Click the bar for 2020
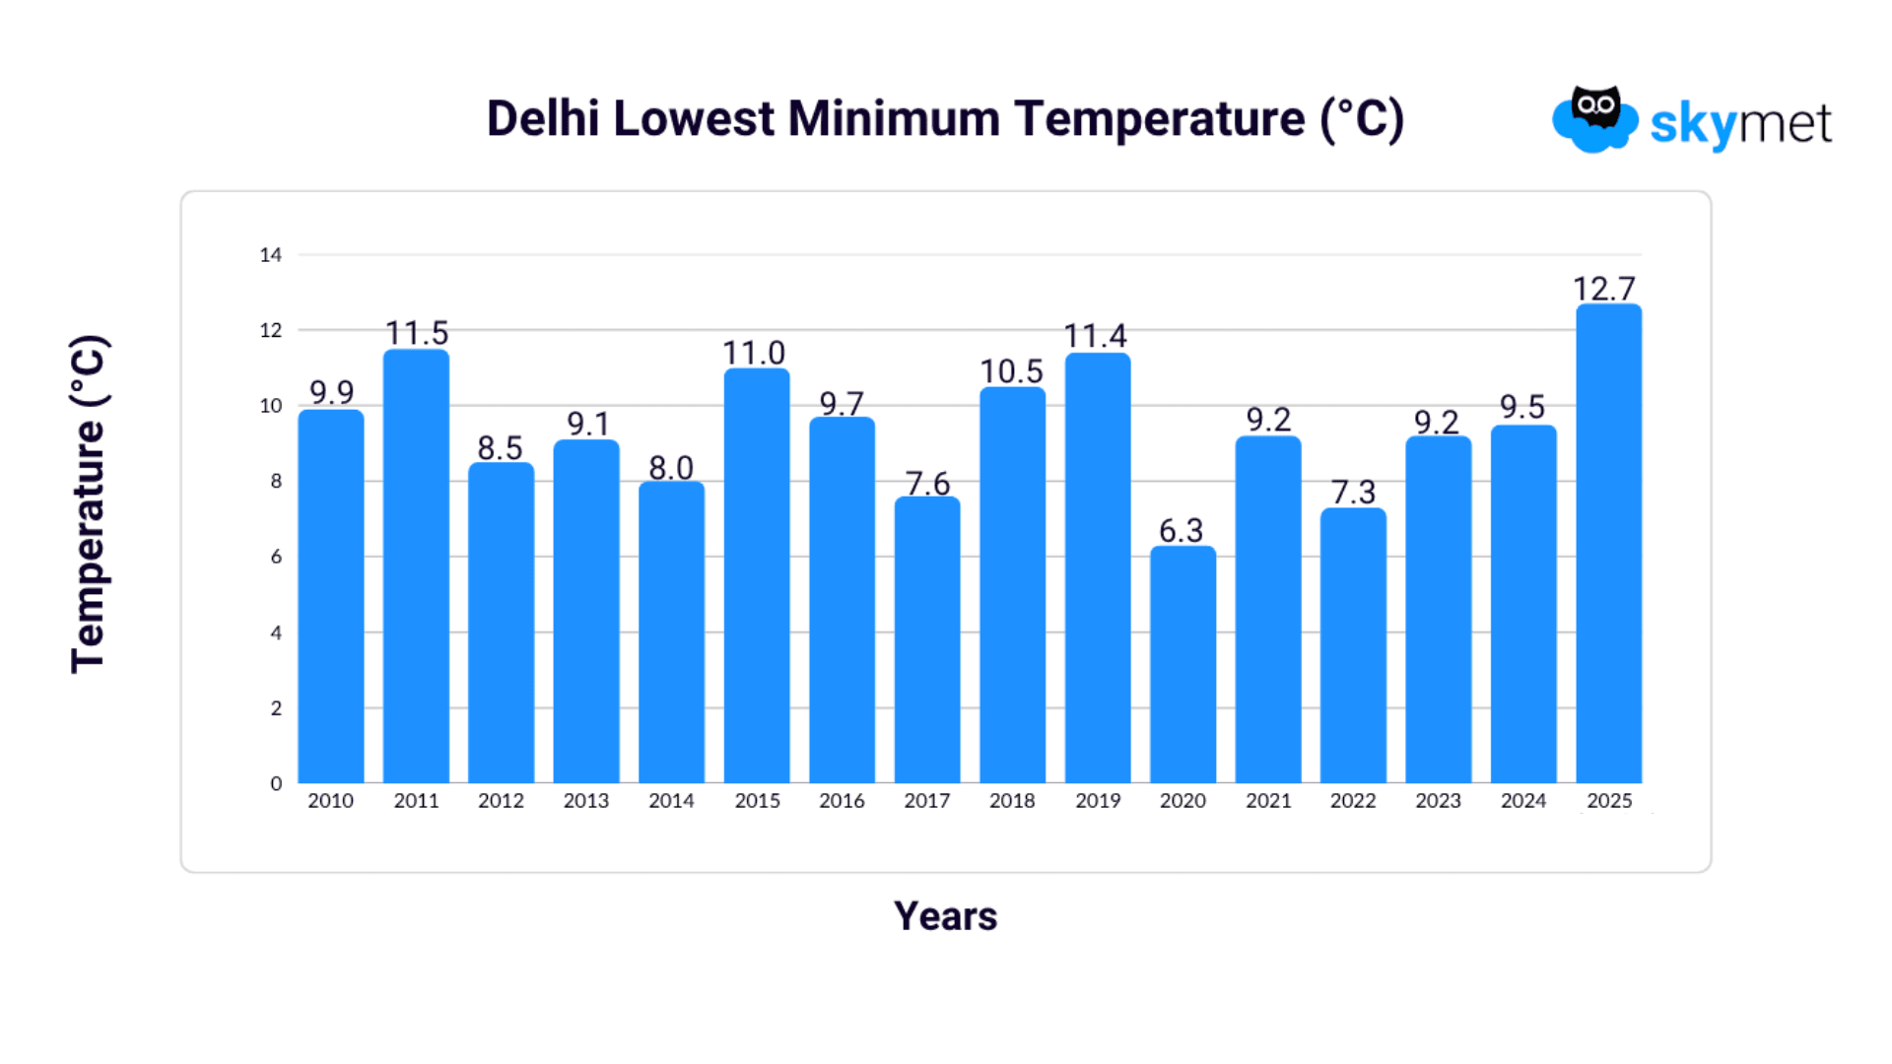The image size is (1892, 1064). [1182, 665]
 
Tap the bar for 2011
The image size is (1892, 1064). [416, 566]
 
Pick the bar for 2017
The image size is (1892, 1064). [927, 640]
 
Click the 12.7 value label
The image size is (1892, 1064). [1604, 289]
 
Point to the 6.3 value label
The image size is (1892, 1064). [1181, 531]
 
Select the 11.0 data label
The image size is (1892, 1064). [754, 353]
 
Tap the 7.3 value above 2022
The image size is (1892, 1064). [1353, 492]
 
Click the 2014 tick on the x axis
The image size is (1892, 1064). [671, 801]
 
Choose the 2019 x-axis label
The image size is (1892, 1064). [1098, 801]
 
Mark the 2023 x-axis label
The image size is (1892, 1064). [1438, 801]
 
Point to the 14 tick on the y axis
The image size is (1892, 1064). [270, 255]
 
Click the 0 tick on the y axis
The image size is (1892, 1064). [276, 784]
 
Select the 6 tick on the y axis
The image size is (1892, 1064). [276, 557]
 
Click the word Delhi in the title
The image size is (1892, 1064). [543, 119]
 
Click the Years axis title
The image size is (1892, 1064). [945, 916]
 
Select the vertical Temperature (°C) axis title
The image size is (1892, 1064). [89, 504]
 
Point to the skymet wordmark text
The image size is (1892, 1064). [1740, 125]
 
